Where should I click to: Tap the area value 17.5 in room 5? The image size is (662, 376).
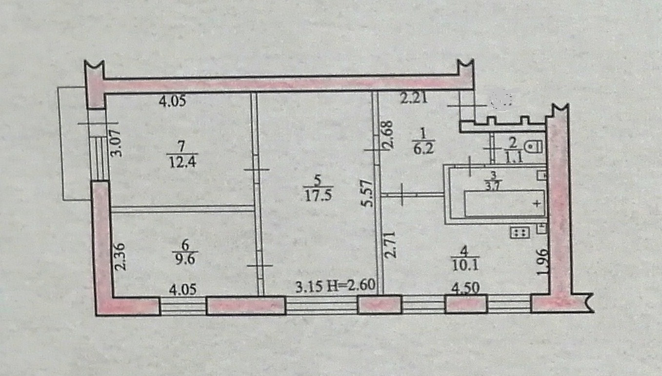(x=315, y=195)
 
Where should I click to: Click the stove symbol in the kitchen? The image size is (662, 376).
(x=520, y=233)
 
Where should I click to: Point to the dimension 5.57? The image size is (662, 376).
(x=369, y=193)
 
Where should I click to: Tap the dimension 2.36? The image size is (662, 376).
(x=120, y=257)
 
